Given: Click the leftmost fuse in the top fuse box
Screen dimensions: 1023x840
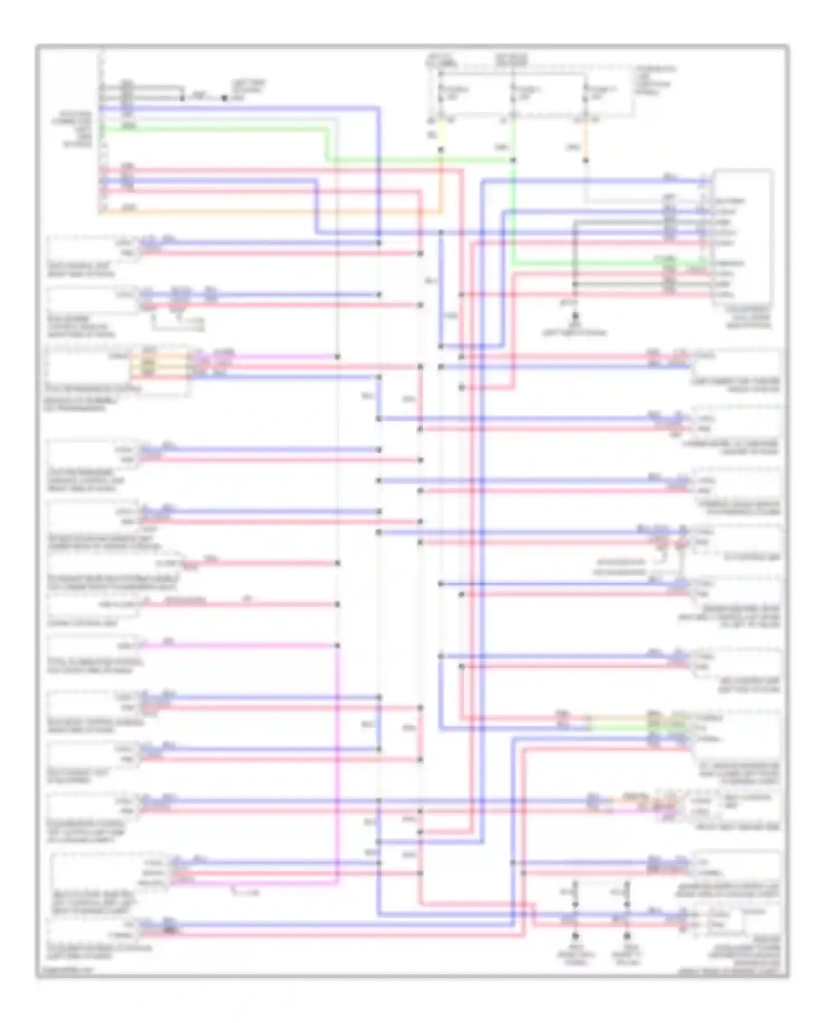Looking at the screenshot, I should (x=441, y=96).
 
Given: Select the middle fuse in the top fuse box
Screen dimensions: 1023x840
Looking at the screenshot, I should (x=513, y=96).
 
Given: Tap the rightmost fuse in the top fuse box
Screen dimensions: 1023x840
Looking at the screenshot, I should (x=586, y=96).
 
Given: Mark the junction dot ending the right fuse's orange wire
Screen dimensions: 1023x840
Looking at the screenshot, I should (x=586, y=161).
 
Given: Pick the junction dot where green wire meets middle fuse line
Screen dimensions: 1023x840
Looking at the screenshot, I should (x=513, y=161).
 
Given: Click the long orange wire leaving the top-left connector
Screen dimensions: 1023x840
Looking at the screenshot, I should (x=269, y=212).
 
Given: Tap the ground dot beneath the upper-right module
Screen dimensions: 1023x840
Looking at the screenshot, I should (x=575, y=317).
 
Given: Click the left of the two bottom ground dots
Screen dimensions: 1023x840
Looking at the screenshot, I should (x=575, y=936).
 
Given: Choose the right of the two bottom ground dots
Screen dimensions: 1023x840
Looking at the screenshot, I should (x=627, y=936).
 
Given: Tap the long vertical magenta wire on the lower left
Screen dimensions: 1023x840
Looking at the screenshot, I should (x=338, y=761).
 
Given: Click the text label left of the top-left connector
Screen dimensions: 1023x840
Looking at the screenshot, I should (x=77, y=129).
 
